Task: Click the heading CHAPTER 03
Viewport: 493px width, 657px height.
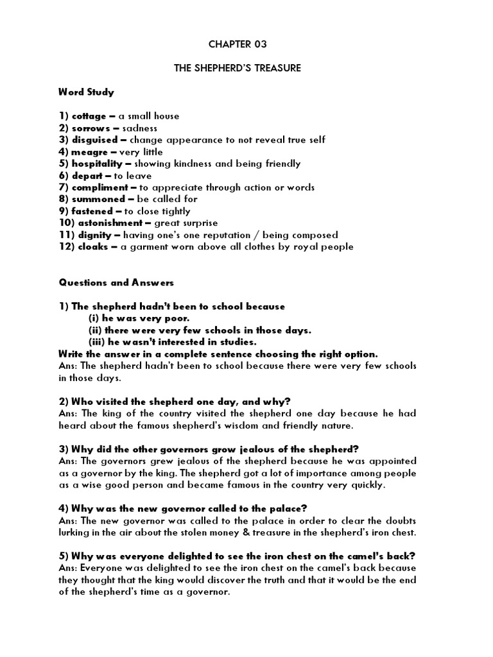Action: [x=238, y=44]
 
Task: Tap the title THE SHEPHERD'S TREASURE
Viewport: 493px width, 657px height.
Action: [x=238, y=68]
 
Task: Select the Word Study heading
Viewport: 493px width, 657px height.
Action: [x=86, y=92]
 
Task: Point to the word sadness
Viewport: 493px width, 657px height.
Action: [x=139, y=128]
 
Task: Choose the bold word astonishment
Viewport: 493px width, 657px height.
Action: [x=105, y=223]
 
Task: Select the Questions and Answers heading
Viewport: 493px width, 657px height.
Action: [x=116, y=282]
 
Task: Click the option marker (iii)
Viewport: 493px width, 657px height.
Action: [x=96, y=342]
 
